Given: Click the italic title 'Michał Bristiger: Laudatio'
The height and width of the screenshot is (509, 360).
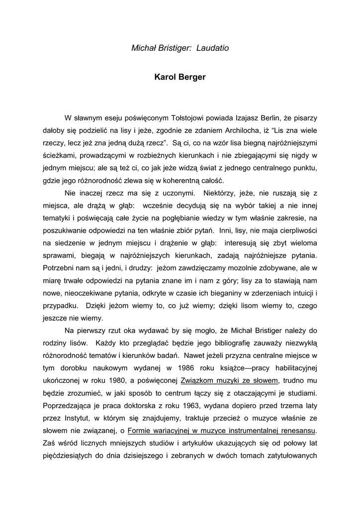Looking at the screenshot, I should pyautogui.click(x=180, y=48).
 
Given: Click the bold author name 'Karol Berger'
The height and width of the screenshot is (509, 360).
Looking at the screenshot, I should pyautogui.click(x=180, y=78).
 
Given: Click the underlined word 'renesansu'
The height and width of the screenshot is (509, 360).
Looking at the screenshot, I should pyautogui.click(x=297, y=430).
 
